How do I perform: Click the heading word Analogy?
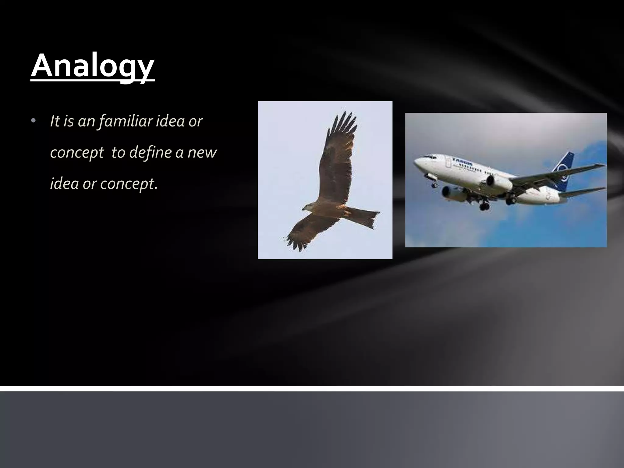(x=93, y=66)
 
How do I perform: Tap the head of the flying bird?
(x=307, y=208)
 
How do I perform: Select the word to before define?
(x=118, y=152)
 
